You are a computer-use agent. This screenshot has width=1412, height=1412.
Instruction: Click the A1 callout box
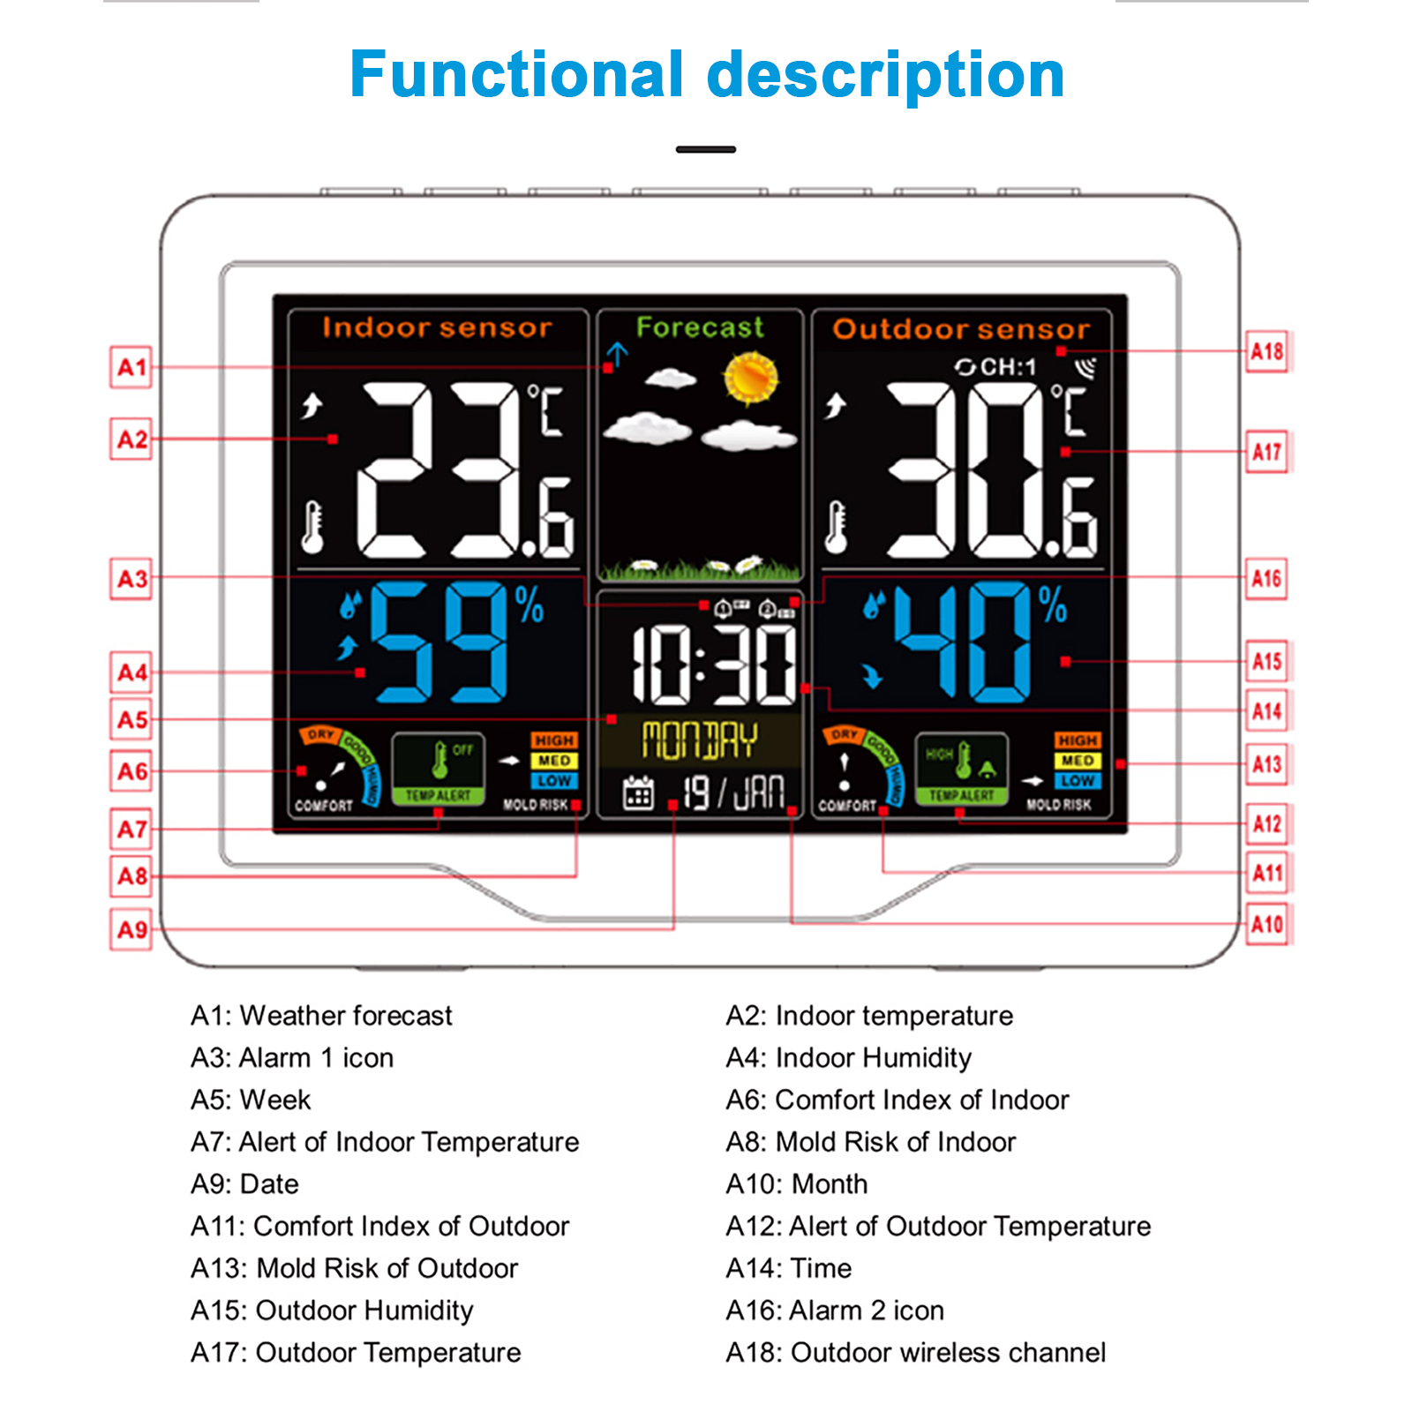131,367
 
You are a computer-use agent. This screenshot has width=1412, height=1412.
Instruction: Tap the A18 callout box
1266,352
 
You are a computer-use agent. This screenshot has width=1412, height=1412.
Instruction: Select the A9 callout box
131,929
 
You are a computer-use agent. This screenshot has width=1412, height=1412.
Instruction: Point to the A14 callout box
1266,710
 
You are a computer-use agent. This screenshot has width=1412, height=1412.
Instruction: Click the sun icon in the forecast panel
750,377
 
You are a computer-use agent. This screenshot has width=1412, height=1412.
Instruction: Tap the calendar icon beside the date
638,792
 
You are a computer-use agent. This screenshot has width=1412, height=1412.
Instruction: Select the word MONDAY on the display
699,740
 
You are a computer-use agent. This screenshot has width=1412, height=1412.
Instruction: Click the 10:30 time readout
713,665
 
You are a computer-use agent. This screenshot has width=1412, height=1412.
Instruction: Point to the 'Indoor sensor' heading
437,328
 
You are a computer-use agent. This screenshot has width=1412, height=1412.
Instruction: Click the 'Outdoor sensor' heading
961,329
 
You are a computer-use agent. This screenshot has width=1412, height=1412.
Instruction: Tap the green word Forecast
700,327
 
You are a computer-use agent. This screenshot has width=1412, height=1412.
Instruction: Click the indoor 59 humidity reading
439,641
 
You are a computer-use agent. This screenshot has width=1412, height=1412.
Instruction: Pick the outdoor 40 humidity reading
962,642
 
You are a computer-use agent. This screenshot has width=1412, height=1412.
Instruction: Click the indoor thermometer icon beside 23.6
312,527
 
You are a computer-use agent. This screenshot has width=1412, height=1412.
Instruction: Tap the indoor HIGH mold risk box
553,740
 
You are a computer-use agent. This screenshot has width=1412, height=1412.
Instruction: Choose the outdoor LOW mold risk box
1077,781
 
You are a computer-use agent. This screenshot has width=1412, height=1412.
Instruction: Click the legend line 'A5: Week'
252,1100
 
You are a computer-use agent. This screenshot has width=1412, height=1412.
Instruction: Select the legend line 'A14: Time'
788,1268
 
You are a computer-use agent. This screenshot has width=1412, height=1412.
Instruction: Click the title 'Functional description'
707,74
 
